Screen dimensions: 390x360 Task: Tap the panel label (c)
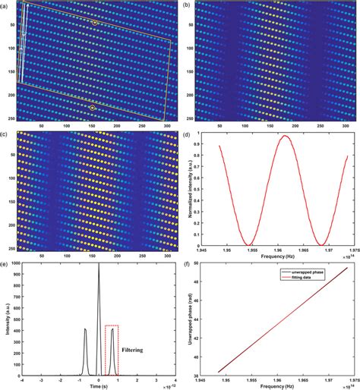tap(5, 135)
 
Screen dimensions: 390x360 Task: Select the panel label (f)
tap(185, 266)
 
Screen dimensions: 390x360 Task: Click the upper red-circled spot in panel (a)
tap(95, 23)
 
